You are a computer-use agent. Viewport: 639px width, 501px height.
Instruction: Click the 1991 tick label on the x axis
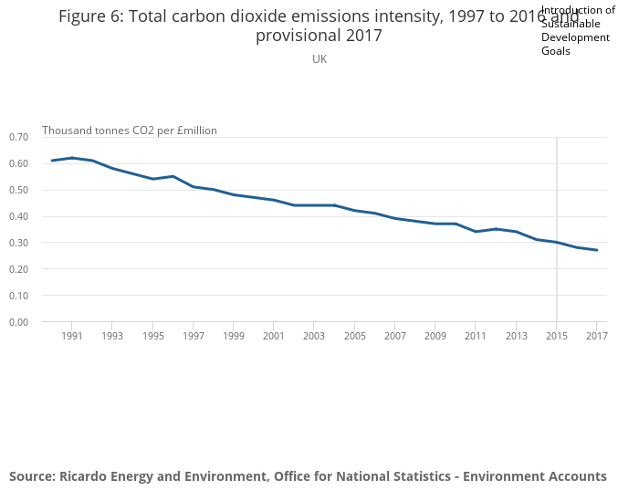click(x=72, y=336)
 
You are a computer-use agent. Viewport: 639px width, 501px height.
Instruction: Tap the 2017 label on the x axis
click(x=596, y=336)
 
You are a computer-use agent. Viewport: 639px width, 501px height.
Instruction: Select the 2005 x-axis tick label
click(x=354, y=336)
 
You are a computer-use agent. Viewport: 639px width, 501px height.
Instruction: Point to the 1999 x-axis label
click(x=233, y=336)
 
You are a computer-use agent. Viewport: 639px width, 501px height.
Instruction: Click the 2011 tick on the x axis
click(x=476, y=336)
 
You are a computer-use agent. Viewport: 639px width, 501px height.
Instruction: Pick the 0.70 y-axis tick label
click(x=18, y=137)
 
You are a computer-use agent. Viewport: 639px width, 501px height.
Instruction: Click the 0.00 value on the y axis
click(x=18, y=322)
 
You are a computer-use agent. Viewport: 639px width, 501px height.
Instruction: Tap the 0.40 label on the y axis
click(x=18, y=216)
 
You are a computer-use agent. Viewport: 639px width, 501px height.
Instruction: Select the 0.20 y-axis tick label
click(x=18, y=269)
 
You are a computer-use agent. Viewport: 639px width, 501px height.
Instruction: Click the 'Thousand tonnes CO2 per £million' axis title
click(x=130, y=130)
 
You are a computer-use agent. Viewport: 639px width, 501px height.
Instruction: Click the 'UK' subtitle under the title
click(x=319, y=58)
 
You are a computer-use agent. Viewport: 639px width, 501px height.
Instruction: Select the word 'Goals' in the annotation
click(x=555, y=51)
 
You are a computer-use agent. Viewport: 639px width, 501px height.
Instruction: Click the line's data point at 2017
click(x=596, y=250)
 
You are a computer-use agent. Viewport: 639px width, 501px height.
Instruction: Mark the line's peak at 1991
click(x=72, y=158)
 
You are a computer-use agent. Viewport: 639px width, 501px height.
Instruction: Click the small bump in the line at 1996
click(x=173, y=176)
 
